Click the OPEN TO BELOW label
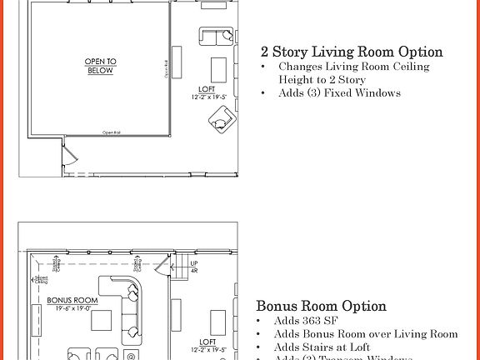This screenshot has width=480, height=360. pos(100,67)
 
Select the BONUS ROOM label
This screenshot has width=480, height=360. pos(72,300)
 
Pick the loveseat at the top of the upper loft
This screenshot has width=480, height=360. pos(217,37)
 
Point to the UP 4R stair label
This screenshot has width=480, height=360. pos(194,267)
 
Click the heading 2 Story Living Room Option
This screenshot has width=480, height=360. pos(352,52)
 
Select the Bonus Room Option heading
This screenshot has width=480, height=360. pos(321,306)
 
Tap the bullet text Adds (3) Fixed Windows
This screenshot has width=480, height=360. pos(339,92)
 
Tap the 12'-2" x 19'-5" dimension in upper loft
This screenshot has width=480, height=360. pos(208,97)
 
